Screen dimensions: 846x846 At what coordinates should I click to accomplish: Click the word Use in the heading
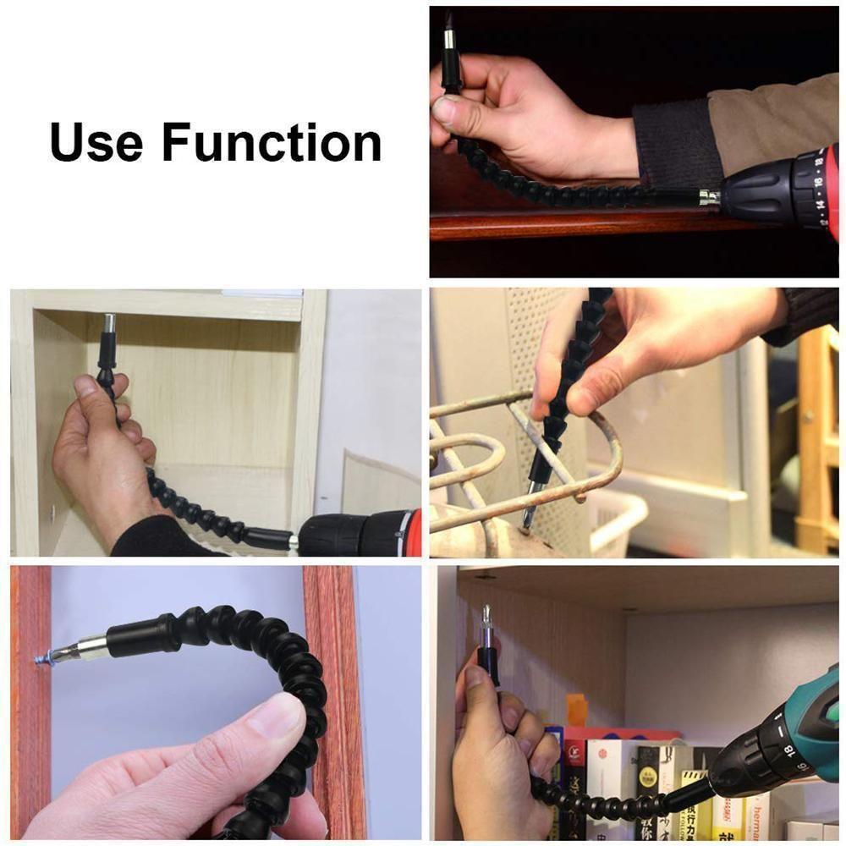click(x=96, y=141)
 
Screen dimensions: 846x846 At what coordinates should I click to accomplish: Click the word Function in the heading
click(x=272, y=141)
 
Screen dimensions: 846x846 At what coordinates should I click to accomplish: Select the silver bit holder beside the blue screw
click(x=85, y=650)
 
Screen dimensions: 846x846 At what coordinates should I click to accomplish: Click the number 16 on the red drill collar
click(x=817, y=181)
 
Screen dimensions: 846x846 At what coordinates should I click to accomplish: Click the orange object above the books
click(x=576, y=709)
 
